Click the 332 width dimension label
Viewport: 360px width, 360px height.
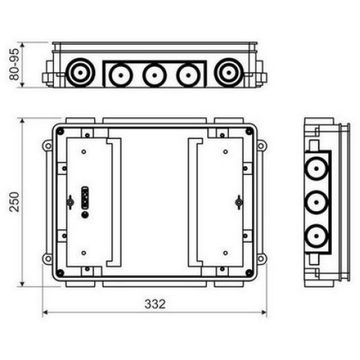coord(155,305)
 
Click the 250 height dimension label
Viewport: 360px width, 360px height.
coord(14,202)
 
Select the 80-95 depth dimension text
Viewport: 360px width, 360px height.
coord(14,64)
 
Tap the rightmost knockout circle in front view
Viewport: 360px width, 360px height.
coord(229,72)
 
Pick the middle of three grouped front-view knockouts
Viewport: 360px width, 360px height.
coord(155,75)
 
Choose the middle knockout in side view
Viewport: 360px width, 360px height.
coord(316,202)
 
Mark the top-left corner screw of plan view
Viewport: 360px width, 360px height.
coord(60,131)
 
